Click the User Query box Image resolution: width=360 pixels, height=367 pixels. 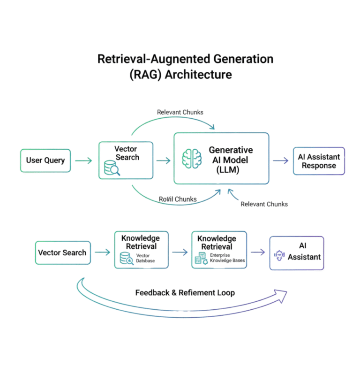(45, 161)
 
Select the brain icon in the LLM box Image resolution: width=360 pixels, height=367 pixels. (191, 158)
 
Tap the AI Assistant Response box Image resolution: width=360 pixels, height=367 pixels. (319, 161)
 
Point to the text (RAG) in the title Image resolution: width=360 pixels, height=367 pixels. (145, 75)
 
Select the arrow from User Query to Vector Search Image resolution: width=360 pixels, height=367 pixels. (83, 161)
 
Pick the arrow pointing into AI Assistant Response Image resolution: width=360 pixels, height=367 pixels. (281, 161)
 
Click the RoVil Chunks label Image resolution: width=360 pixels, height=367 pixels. (177, 199)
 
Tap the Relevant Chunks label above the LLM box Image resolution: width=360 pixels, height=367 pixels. (180, 112)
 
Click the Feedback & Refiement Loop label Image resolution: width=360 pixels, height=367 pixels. (185, 292)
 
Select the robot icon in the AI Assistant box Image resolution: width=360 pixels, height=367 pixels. (279, 256)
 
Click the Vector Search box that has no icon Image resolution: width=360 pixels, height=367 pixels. (62, 252)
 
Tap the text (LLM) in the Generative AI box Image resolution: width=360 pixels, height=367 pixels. (228, 170)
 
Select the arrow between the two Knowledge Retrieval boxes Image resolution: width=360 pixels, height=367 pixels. (180, 252)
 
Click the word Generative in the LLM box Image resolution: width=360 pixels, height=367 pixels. (231, 150)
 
